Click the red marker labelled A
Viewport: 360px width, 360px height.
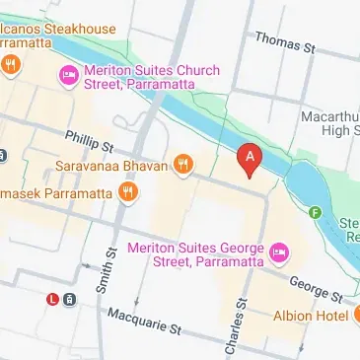[x=251, y=159]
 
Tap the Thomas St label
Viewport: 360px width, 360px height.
[x=284, y=41]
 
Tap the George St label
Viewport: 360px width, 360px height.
[x=316, y=287]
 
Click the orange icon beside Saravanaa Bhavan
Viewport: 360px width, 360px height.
[x=182, y=165]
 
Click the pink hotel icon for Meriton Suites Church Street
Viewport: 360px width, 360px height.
[x=68, y=75]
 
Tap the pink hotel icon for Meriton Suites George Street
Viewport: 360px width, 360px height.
[x=278, y=253]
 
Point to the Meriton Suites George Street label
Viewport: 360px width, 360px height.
[x=197, y=253]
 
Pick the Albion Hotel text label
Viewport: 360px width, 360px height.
[x=308, y=316]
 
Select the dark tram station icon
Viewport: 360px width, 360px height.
[x=69, y=299]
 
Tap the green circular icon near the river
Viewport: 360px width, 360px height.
[x=316, y=212]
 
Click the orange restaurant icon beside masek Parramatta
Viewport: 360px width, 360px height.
[x=127, y=193]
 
